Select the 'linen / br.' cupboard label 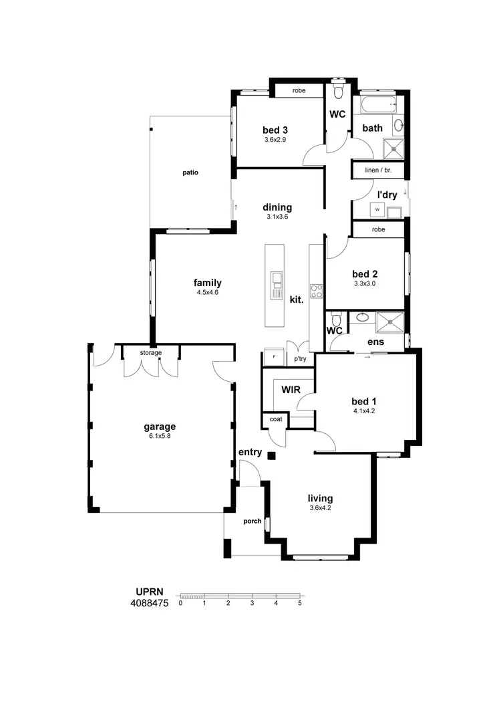378,170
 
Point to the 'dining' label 277,207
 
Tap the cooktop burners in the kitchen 317,291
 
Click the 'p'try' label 300,359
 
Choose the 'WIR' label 290,389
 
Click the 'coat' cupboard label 275,420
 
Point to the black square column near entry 271,456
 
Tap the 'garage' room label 160,427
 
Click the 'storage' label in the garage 150,352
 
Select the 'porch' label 252,521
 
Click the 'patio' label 190,172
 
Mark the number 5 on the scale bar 300,603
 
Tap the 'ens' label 375,342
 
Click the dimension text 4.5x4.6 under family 208,292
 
